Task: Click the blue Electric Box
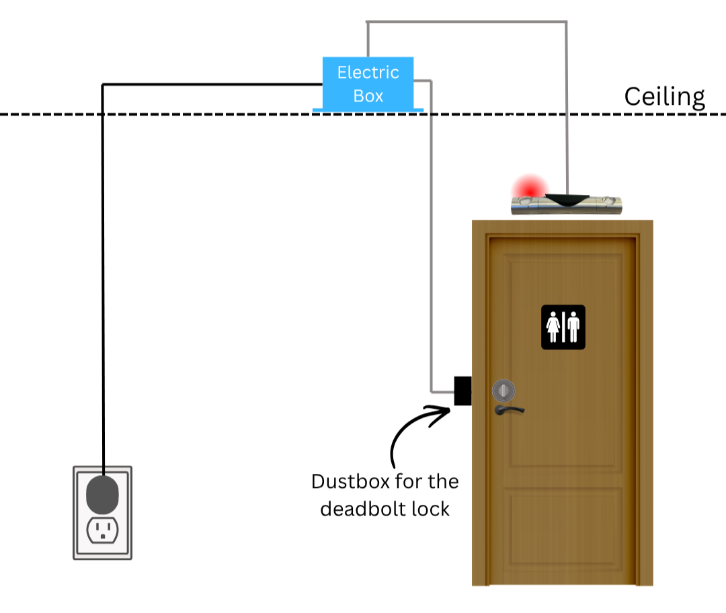click(x=368, y=83)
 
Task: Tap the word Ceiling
click(x=664, y=97)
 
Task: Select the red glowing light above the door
click(x=528, y=188)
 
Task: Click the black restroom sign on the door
click(x=563, y=327)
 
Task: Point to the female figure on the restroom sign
click(x=554, y=327)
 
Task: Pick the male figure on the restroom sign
click(x=573, y=327)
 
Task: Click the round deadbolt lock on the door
click(x=503, y=389)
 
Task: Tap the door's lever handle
click(x=509, y=409)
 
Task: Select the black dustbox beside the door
click(x=462, y=391)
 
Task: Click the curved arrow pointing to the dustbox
click(x=410, y=430)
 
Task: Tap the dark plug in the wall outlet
click(x=102, y=495)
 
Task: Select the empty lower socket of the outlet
click(x=102, y=531)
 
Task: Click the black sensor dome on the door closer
click(x=567, y=199)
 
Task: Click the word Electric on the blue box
click(x=368, y=73)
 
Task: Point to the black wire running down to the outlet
click(x=102, y=269)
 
